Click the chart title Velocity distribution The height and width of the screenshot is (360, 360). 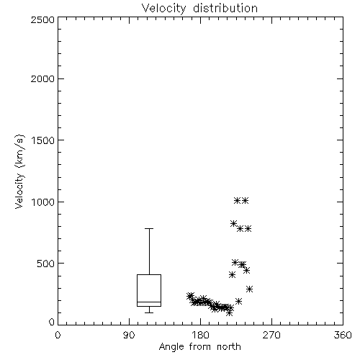(x=199, y=9)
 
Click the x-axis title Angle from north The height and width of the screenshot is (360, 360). (x=199, y=347)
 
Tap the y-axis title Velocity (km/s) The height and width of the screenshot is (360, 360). (x=19, y=171)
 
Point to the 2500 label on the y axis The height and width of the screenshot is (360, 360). (x=42, y=19)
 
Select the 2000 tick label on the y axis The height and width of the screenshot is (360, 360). (x=42, y=78)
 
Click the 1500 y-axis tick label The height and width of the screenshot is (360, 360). (x=43, y=140)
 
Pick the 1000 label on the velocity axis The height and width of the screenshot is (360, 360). (x=43, y=202)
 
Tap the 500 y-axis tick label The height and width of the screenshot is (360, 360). (x=46, y=264)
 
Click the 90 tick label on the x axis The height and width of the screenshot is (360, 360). (x=129, y=335)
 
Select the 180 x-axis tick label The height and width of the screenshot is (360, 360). (x=200, y=335)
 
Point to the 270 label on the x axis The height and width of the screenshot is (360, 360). (x=271, y=335)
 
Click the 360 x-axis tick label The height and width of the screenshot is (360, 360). (x=343, y=335)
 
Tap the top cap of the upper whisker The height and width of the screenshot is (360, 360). (x=149, y=228)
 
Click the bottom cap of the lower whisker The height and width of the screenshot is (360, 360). (x=149, y=312)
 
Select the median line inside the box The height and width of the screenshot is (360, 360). (x=149, y=302)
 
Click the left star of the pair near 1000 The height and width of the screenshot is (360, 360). (x=237, y=200)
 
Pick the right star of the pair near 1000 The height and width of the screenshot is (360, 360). (x=245, y=200)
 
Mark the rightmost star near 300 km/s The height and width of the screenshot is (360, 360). (x=250, y=289)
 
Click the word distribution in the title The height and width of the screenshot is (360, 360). (x=225, y=9)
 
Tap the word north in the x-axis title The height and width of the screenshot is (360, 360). (x=229, y=347)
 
